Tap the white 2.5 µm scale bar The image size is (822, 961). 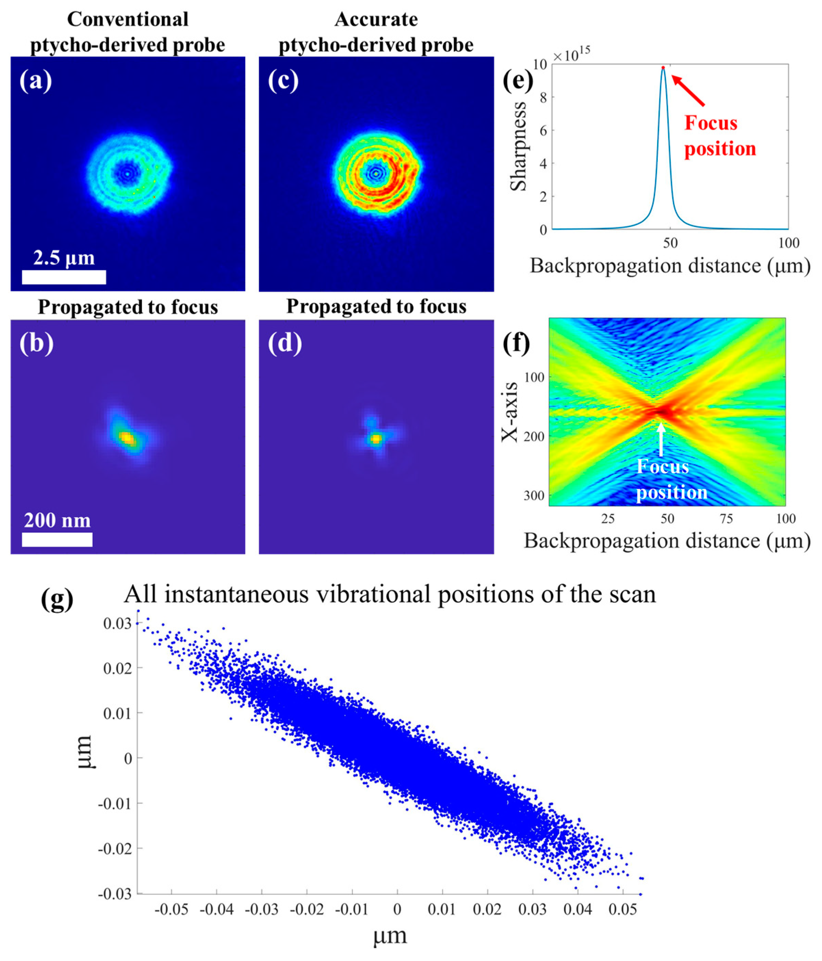pos(64,277)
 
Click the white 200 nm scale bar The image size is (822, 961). pos(57,539)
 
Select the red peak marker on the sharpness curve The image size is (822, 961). pos(663,68)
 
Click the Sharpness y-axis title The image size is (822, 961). pos(518,146)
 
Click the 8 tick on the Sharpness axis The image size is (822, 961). pos(543,97)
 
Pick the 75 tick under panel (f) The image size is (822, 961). pos(727,518)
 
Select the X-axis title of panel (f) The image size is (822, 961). pos(510,411)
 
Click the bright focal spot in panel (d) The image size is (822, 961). pos(376,438)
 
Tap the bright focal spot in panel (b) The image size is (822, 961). pos(126,437)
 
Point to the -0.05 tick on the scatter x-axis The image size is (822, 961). pos(171,909)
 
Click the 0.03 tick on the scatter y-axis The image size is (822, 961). pos(117,624)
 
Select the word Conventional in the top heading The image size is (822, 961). pos(128,19)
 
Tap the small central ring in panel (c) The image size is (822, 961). pos(376,173)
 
